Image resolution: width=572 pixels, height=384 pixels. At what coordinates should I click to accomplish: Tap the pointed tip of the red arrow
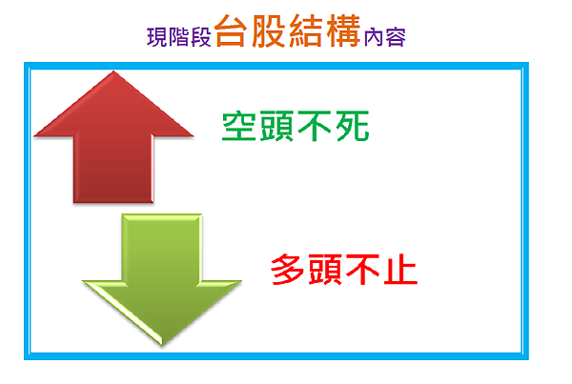tap(113, 71)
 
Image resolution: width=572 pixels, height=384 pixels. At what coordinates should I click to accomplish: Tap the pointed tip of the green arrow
tap(162, 345)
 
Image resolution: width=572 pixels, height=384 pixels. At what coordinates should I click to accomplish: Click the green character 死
tap(353, 126)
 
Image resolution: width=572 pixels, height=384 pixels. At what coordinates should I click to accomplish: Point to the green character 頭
tap(276, 126)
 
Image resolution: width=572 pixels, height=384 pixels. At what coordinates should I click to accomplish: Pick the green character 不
tap(315, 126)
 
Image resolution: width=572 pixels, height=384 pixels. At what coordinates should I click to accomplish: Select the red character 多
tap(288, 270)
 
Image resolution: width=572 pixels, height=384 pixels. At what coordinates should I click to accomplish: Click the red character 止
tap(400, 270)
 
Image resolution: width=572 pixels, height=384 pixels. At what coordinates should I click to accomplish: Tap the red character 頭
tap(325, 270)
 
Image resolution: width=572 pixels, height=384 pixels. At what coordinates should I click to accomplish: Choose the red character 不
tap(362, 270)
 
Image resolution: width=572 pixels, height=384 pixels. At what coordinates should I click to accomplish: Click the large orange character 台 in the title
tap(231, 31)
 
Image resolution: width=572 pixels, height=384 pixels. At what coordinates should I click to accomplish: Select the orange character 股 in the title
tap(269, 31)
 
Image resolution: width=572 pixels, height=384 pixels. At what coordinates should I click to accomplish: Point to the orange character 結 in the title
tap(306, 31)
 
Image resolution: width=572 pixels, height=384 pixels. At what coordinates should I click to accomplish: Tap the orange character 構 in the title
tap(343, 31)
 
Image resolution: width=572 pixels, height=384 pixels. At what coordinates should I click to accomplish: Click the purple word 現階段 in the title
tap(179, 37)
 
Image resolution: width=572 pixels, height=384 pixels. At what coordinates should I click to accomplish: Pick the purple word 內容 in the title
tap(385, 37)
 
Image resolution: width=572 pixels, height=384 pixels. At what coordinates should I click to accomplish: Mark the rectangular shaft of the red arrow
tap(113, 170)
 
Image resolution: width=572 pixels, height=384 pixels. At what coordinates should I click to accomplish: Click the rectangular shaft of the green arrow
tap(162, 247)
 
